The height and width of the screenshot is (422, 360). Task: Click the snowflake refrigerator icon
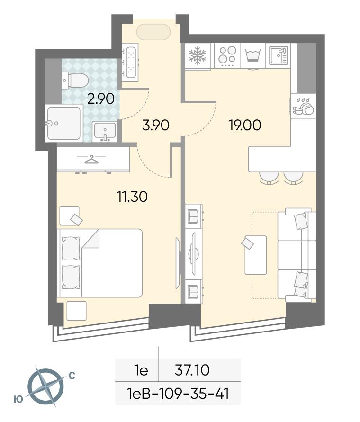pyautogui.click(x=198, y=55)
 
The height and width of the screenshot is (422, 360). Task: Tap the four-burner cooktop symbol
pyautogui.click(x=227, y=56)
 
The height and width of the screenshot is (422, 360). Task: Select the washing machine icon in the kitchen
pyautogui.click(x=253, y=56)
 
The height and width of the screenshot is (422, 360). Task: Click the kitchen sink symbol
pyautogui.click(x=279, y=55)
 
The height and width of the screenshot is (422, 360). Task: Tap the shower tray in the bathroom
pyautogui.click(x=64, y=123)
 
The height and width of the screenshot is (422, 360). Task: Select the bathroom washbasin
pyautogui.click(x=105, y=131)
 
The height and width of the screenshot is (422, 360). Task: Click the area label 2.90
pyautogui.click(x=101, y=99)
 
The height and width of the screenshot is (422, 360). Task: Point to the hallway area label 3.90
pyautogui.click(x=156, y=126)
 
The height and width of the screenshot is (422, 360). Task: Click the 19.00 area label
pyautogui.click(x=244, y=126)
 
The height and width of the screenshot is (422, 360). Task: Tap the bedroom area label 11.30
pyautogui.click(x=132, y=197)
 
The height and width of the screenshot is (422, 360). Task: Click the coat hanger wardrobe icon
pyautogui.click(x=91, y=159)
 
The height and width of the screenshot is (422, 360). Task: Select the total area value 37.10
pyautogui.click(x=192, y=370)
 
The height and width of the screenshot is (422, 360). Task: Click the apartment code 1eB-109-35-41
pyautogui.click(x=178, y=394)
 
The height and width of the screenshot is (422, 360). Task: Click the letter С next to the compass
pyautogui.click(x=72, y=376)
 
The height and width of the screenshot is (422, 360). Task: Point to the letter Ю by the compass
pyautogui.click(x=18, y=399)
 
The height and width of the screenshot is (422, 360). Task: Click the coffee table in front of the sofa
pyautogui.click(x=255, y=255)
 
